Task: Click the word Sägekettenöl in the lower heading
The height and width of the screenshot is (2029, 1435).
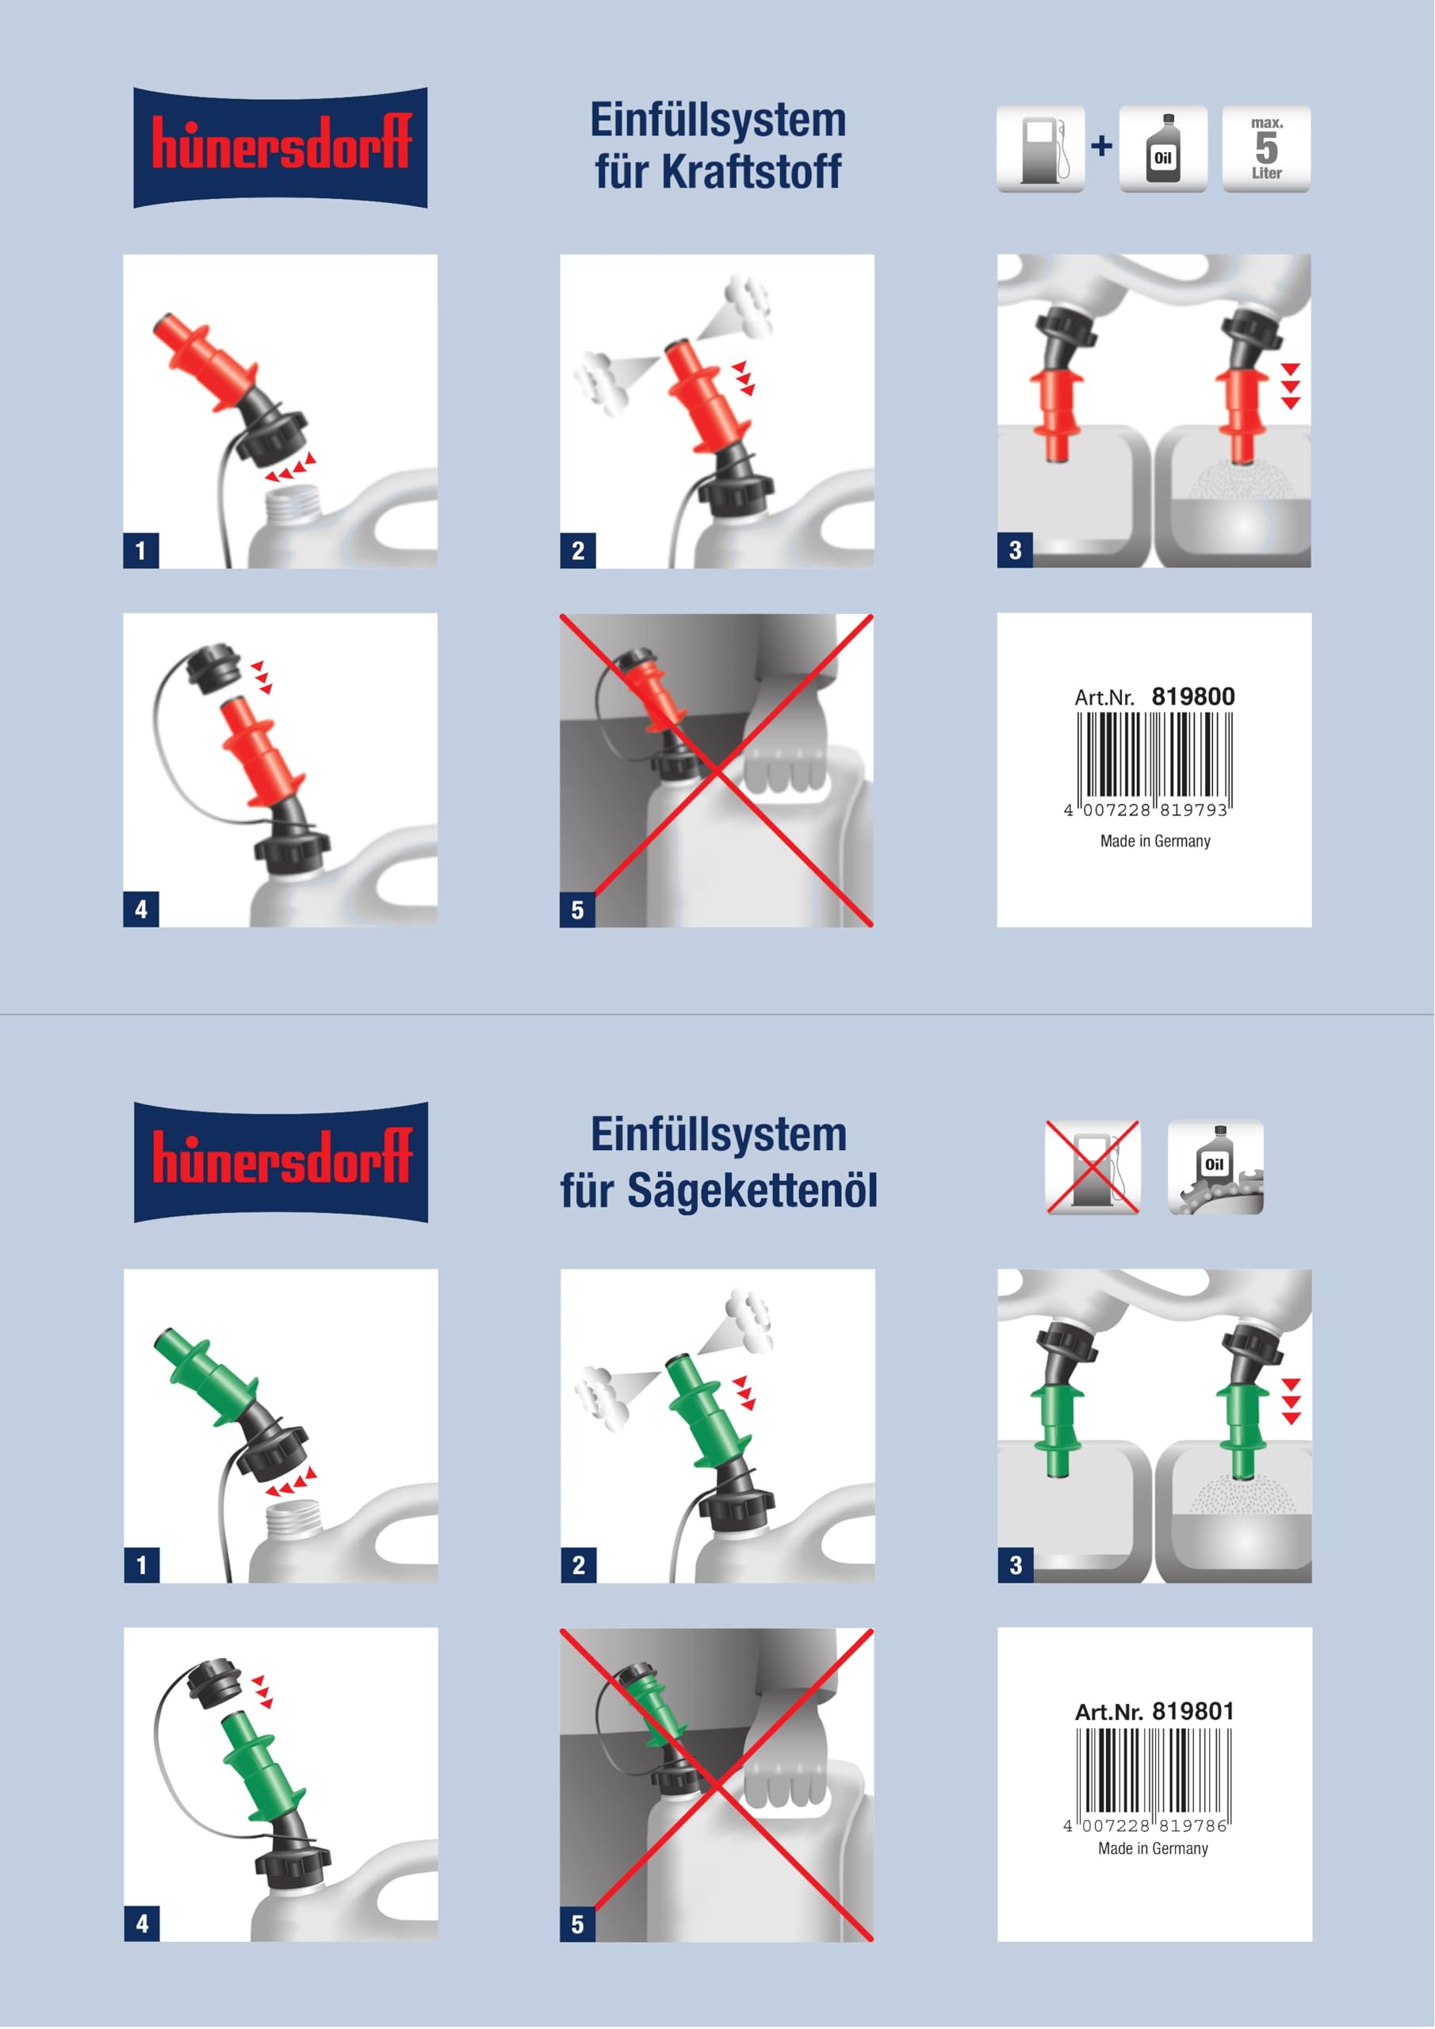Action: pyautogui.click(x=752, y=1190)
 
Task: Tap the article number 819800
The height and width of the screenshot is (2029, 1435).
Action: pyautogui.click(x=1192, y=697)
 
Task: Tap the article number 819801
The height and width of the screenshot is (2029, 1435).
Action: pyautogui.click(x=1192, y=1711)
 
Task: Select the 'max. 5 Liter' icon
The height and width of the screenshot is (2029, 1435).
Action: pyautogui.click(x=1266, y=148)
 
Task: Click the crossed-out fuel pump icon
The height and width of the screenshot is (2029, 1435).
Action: pyautogui.click(x=1093, y=1167)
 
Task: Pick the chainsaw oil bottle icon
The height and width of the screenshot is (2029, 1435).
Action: pyautogui.click(x=1215, y=1167)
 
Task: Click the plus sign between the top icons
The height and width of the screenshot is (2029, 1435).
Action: pyautogui.click(x=1102, y=146)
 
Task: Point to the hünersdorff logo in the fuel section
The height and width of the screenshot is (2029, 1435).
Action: pyautogui.click(x=281, y=147)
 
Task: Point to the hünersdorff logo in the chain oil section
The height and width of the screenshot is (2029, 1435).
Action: pyautogui.click(x=281, y=1162)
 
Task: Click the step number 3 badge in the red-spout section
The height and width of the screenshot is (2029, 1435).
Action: pyautogui.click(x=1015, y=551)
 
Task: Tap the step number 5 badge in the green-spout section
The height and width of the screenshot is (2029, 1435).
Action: pyautogui.click(x=577, y=1924)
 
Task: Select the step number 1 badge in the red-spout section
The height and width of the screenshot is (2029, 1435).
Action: pyautogui.click(x=140, y=551)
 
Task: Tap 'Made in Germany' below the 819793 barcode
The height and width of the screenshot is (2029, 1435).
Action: pyautogui.click(x=1154, y=841)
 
